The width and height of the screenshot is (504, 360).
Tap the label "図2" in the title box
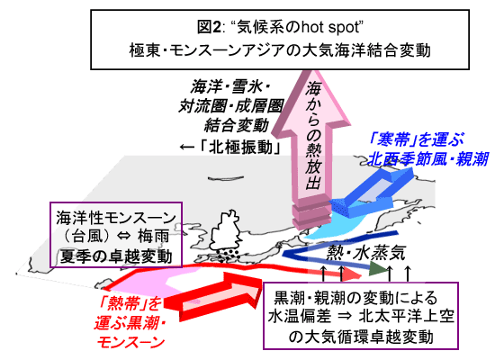click(x=209, y=27)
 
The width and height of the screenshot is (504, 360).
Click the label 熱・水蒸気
click(x=365, y=253)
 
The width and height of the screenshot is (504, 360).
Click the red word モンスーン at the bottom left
click(x=130, y=342)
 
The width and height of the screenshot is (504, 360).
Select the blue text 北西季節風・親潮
click(x=427, y=158)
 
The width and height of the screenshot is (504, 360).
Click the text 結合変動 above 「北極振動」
click(x=237, y=125)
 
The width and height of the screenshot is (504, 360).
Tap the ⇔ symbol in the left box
click(x=124, y=237)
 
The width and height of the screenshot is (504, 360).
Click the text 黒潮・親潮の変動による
click(x=355, y=298)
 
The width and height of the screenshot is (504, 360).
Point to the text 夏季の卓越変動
click(x=116, y=256)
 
